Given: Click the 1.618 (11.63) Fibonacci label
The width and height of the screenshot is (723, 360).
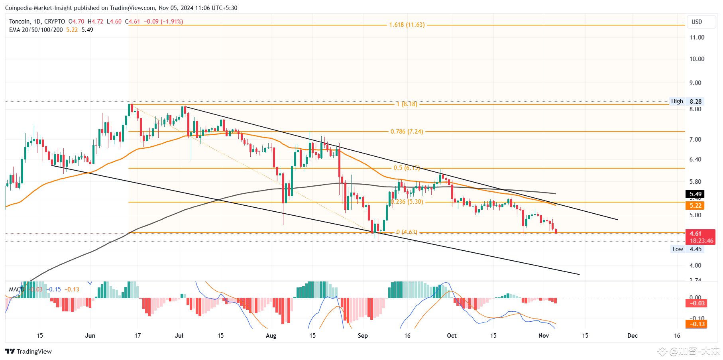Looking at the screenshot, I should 407,25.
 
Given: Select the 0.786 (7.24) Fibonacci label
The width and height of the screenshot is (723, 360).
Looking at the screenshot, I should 407,132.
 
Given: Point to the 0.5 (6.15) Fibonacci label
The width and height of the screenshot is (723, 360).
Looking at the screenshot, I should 407,168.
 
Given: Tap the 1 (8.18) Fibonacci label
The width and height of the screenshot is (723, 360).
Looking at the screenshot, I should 407,104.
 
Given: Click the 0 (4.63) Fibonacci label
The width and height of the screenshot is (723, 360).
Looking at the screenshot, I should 407,232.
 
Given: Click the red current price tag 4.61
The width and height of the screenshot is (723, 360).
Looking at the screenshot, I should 695,234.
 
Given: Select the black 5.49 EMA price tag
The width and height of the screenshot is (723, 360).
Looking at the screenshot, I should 695,194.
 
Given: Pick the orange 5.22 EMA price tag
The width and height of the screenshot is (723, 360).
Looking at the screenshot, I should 695,206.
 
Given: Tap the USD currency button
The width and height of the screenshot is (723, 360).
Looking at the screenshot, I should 697,22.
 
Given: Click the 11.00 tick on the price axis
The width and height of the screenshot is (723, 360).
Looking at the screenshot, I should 697,37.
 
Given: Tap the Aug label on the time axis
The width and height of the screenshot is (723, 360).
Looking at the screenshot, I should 271,336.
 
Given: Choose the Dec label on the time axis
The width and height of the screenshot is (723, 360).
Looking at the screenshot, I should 633,336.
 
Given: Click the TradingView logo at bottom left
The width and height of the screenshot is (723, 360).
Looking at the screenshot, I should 29,351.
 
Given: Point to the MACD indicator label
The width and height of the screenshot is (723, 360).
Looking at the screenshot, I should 16,289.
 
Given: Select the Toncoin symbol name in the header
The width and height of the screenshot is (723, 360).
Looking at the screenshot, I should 20,22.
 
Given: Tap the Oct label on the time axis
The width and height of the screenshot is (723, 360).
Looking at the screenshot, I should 452,336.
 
